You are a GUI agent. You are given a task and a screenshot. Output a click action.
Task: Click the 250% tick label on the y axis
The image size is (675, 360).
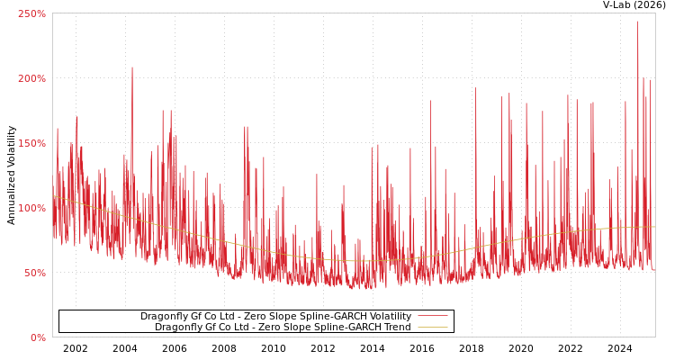pyautogui.click(x=31, y=13)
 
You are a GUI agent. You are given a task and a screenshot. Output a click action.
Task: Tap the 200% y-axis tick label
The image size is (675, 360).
pyautogui.click(x=31, y=78)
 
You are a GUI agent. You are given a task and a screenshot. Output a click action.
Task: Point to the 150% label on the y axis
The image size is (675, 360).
pyautogui.click(x=31, y=143)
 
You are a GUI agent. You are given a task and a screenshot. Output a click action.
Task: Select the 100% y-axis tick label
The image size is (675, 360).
pyautogui.click(x=31, y=208)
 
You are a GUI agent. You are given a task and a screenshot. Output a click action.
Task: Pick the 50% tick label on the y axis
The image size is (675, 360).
pyautogui.click(x=34, y=273)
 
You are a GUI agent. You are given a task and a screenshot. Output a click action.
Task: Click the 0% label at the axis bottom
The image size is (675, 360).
pyautogui.click(x=38, y=337)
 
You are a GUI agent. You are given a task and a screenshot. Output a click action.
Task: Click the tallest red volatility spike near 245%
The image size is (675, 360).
pyautogui.click(x=638, y=22)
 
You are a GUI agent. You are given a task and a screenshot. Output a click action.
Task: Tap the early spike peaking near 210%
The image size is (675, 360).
pyautogui.click(x=131, y=67)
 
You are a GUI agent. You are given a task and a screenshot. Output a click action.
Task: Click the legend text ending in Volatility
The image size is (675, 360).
pyautogui.click(x=275, y=317)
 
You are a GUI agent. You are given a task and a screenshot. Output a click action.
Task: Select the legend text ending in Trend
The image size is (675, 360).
pyautogui.click(x=283, y=328)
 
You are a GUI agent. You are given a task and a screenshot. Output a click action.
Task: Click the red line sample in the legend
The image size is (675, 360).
pyautogui.click(x=432, y=317)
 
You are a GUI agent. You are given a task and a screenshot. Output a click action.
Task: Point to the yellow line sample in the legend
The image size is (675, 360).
pyautogui.click(x=432, y=328)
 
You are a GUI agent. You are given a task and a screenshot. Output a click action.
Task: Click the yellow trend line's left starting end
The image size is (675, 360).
pyautogui.click(x=53, y=195)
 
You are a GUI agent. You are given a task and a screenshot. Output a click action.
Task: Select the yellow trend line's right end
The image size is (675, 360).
pyautogui.click(x=654, y=227)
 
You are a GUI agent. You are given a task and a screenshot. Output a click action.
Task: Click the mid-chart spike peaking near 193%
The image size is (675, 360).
pyautogui.click(x=476, y=88)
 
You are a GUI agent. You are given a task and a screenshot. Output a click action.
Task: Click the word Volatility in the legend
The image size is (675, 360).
pyautogui.click(x=388, y=317)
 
